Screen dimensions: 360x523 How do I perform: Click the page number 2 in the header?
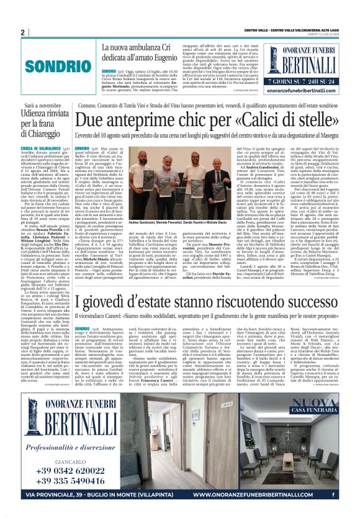[22, 32]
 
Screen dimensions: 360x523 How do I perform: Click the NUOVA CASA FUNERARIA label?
[315, 406]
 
